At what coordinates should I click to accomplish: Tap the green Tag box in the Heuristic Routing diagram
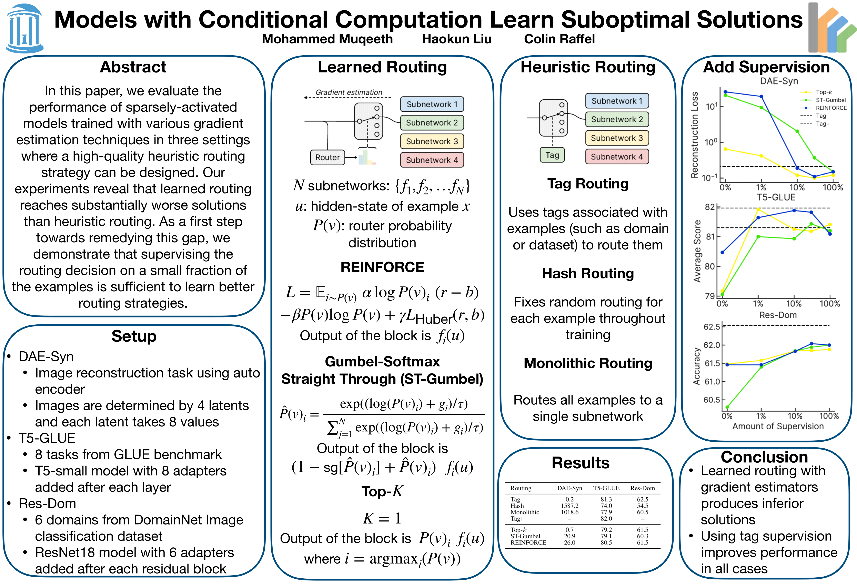coord(552,155)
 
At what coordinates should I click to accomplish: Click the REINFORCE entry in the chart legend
coord(831,108)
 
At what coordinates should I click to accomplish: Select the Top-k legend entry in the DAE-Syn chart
coord(824,92)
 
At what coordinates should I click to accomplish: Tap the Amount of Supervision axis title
coord(778,427)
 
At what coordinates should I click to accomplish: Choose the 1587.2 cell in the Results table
coord(570,506)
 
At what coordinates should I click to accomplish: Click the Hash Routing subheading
coord(588,274)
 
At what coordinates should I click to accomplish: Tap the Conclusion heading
coord(764,457)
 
